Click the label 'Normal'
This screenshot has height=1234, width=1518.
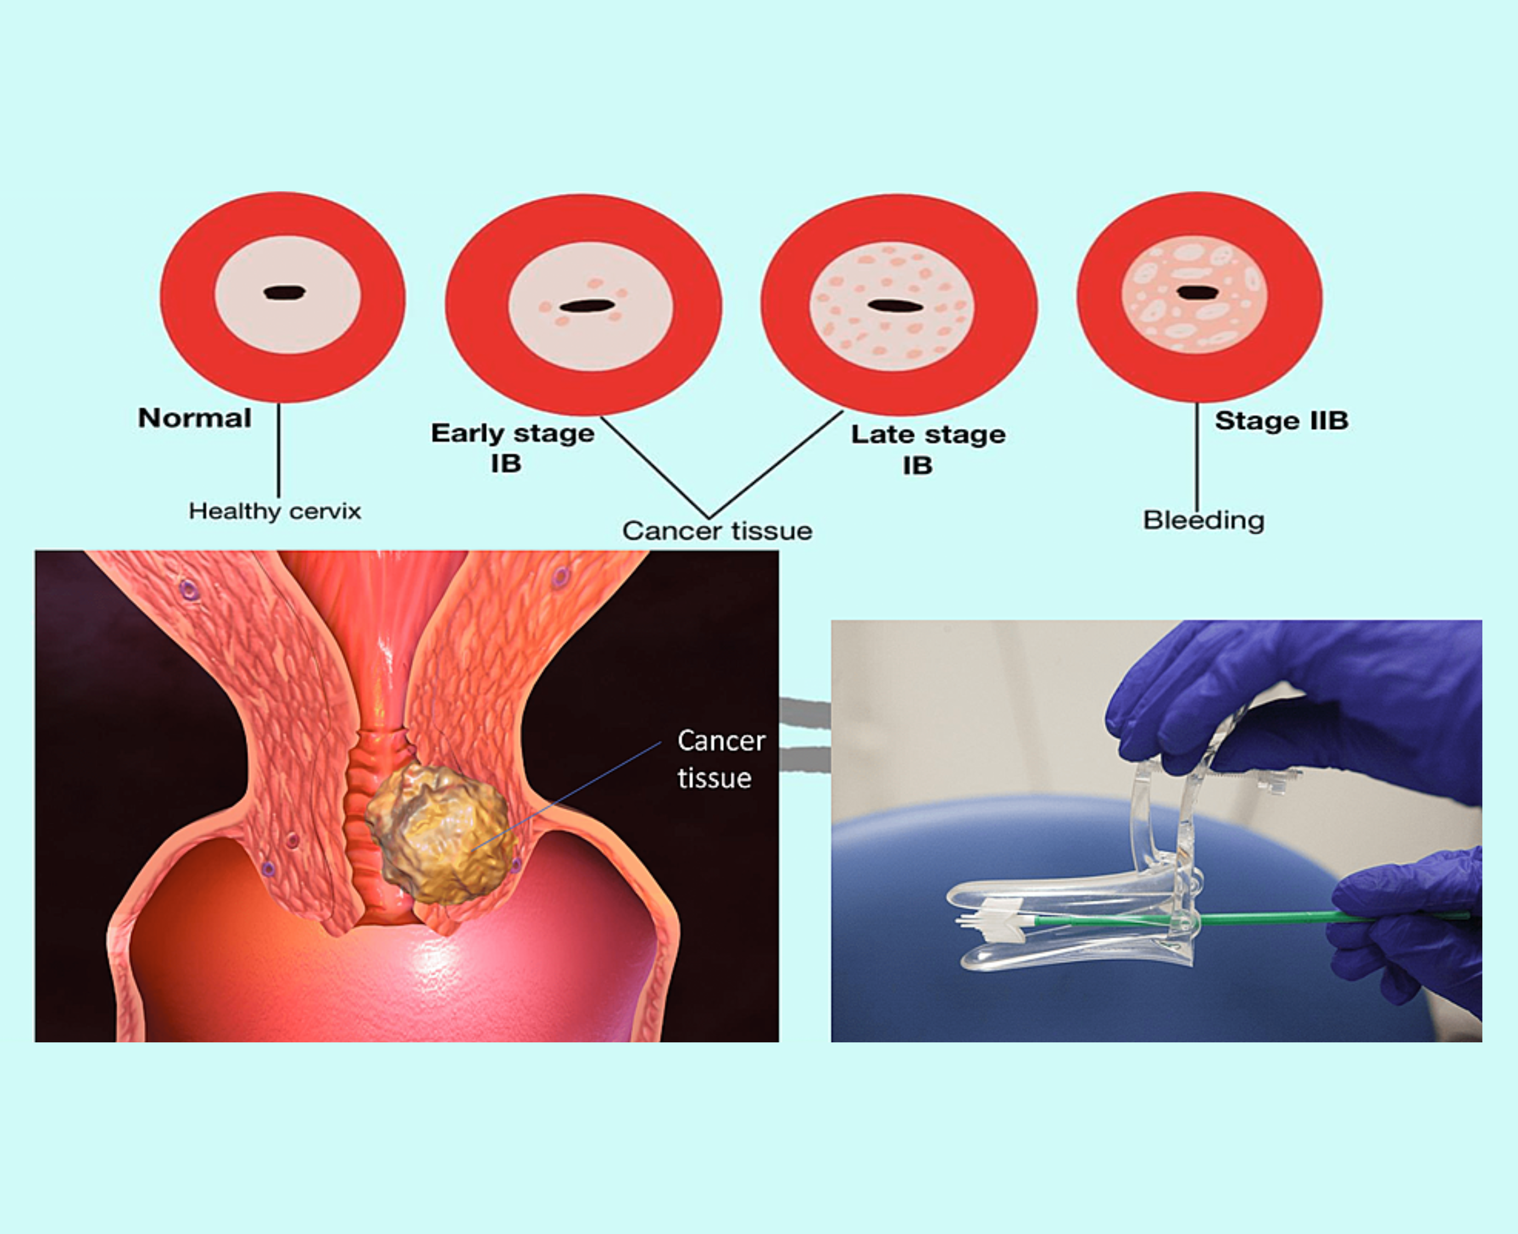194,418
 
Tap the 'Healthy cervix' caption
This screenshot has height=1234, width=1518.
275,511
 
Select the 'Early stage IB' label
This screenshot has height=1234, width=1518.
512,448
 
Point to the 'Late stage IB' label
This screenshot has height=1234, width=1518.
927,449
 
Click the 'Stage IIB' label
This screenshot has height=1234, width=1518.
1281,421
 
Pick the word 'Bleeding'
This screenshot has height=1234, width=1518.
1203,520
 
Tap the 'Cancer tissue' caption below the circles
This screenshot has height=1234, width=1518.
716,531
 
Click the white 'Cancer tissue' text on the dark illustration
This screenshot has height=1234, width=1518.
720,759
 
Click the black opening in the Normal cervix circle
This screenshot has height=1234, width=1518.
285,292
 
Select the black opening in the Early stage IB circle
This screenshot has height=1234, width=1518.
587,306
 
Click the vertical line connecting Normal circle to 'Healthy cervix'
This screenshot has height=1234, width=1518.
278,451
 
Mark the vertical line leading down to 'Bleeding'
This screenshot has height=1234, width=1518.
1197,455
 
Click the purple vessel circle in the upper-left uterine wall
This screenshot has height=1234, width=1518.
188,588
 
